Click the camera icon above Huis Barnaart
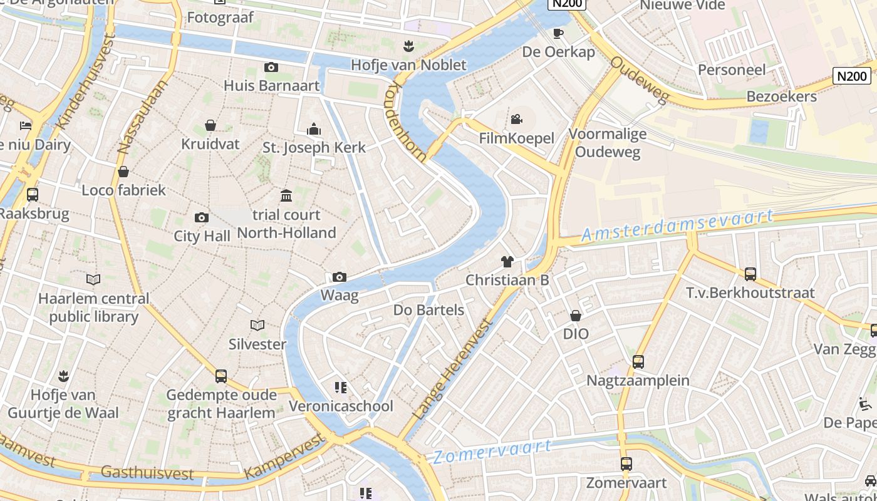coord(271,68)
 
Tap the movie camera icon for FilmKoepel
coord(517,119)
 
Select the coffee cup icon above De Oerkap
coord(558,33)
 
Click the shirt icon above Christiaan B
coord(507,261)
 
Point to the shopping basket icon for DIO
coord(575,316)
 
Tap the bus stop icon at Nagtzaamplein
coord(638,361)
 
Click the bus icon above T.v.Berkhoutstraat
coord(750,274)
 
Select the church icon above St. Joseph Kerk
coord(314,130)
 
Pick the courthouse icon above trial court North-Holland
coord(286,196)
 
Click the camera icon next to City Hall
coord(202,217)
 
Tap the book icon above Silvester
coord(257,325)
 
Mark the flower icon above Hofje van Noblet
coord(408,46)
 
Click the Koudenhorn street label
coord(408,121)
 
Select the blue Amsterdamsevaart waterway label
coord(677,225)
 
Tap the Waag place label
coord(339,295)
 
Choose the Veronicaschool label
coord(341,406)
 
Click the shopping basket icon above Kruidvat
coord(210,126)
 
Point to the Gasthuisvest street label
coord(147,473)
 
